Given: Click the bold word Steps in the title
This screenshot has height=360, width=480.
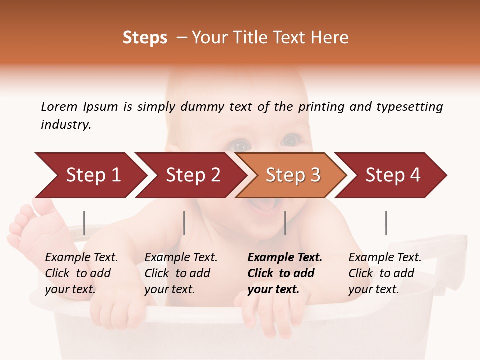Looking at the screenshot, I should coord(145,38).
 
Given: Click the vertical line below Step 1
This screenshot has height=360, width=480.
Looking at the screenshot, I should coord(84,223).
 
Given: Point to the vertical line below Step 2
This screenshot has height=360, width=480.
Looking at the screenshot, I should coord(184,223).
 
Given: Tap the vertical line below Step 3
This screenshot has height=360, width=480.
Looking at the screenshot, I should coord(285,223).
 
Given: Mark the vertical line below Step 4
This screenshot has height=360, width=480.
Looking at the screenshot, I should coord(386,223).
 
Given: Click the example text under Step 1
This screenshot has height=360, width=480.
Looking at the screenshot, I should coord(81,273).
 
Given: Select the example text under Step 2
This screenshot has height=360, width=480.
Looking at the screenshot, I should coord(181,273).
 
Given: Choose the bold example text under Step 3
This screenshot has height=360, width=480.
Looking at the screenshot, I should coord(284,273).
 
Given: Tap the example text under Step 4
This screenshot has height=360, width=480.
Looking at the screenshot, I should coord(385,273).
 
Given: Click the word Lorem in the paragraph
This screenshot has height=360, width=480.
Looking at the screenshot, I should coord(59,107).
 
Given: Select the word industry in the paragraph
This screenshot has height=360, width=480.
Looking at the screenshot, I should coord(66,125).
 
